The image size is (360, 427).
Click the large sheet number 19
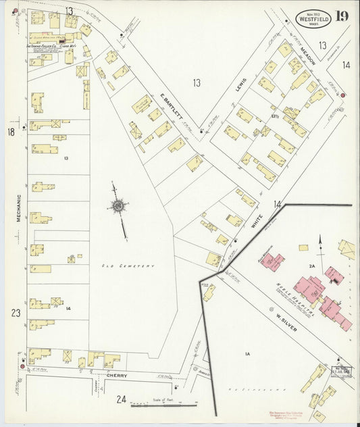tap(344, 16)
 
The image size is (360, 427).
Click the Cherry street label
tap(117, 376)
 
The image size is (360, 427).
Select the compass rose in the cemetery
tap(119, 206)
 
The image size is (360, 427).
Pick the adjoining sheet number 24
tap(121, 399)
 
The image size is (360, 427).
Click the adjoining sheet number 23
tap(16, 313)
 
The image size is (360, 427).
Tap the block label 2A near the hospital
tap(312, 267)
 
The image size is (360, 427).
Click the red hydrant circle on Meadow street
tap(343, 95)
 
